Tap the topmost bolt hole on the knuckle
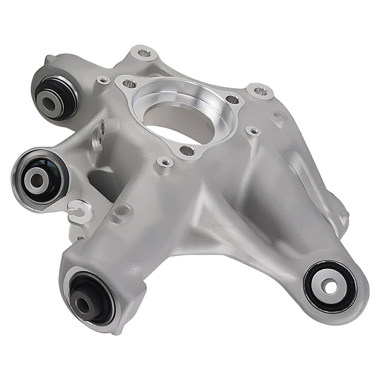click(x=144, y=52)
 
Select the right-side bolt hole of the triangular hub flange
click(x=232, y=99)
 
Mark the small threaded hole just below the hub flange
click(x=165, y=162)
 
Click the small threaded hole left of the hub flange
click(x=103, y=80)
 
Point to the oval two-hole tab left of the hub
click(x=98, y=135)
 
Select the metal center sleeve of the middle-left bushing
click(x=36, y=178)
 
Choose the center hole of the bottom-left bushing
click(x=82, y=302)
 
